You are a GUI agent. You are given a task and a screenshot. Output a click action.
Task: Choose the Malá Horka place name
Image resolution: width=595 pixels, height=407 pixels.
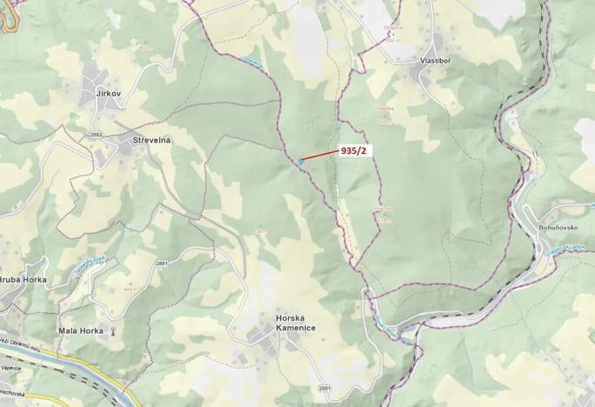point(81,331)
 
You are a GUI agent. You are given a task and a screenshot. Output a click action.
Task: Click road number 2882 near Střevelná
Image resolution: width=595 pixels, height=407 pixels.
point(96,135)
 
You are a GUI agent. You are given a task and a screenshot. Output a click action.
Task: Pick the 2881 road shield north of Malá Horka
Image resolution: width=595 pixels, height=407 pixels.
point(162,264)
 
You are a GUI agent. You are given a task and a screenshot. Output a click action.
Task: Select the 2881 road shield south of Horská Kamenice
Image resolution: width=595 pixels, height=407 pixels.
point(324,388)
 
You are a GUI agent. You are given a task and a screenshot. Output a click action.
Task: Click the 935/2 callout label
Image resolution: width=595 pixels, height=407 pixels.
point(355,150)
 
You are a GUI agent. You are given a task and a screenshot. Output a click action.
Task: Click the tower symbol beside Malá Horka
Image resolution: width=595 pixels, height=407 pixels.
point(111,331)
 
